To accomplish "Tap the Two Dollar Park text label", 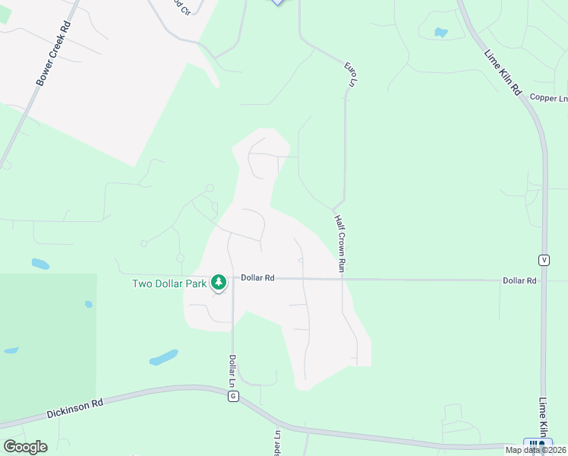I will tap(169, 283).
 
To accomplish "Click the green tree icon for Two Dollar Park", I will tap(219, 283).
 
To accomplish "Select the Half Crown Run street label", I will tap(341, 243).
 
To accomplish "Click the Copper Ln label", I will tap(548, 98).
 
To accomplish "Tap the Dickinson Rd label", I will tap(74, 409).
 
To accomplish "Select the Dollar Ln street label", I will tap(233, 370).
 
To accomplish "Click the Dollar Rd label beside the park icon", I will tap(257, 278).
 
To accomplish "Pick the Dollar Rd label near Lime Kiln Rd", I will tap(519, 280).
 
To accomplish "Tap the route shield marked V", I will tap(544, 260).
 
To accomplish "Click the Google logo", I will tap(25, 447).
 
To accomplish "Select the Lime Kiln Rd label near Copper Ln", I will tap(503, 72).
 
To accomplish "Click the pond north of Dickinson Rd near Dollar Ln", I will tap(163, 357).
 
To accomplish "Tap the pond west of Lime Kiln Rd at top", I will tap(440, 33).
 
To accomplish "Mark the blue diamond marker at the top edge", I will tap(277, 2).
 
